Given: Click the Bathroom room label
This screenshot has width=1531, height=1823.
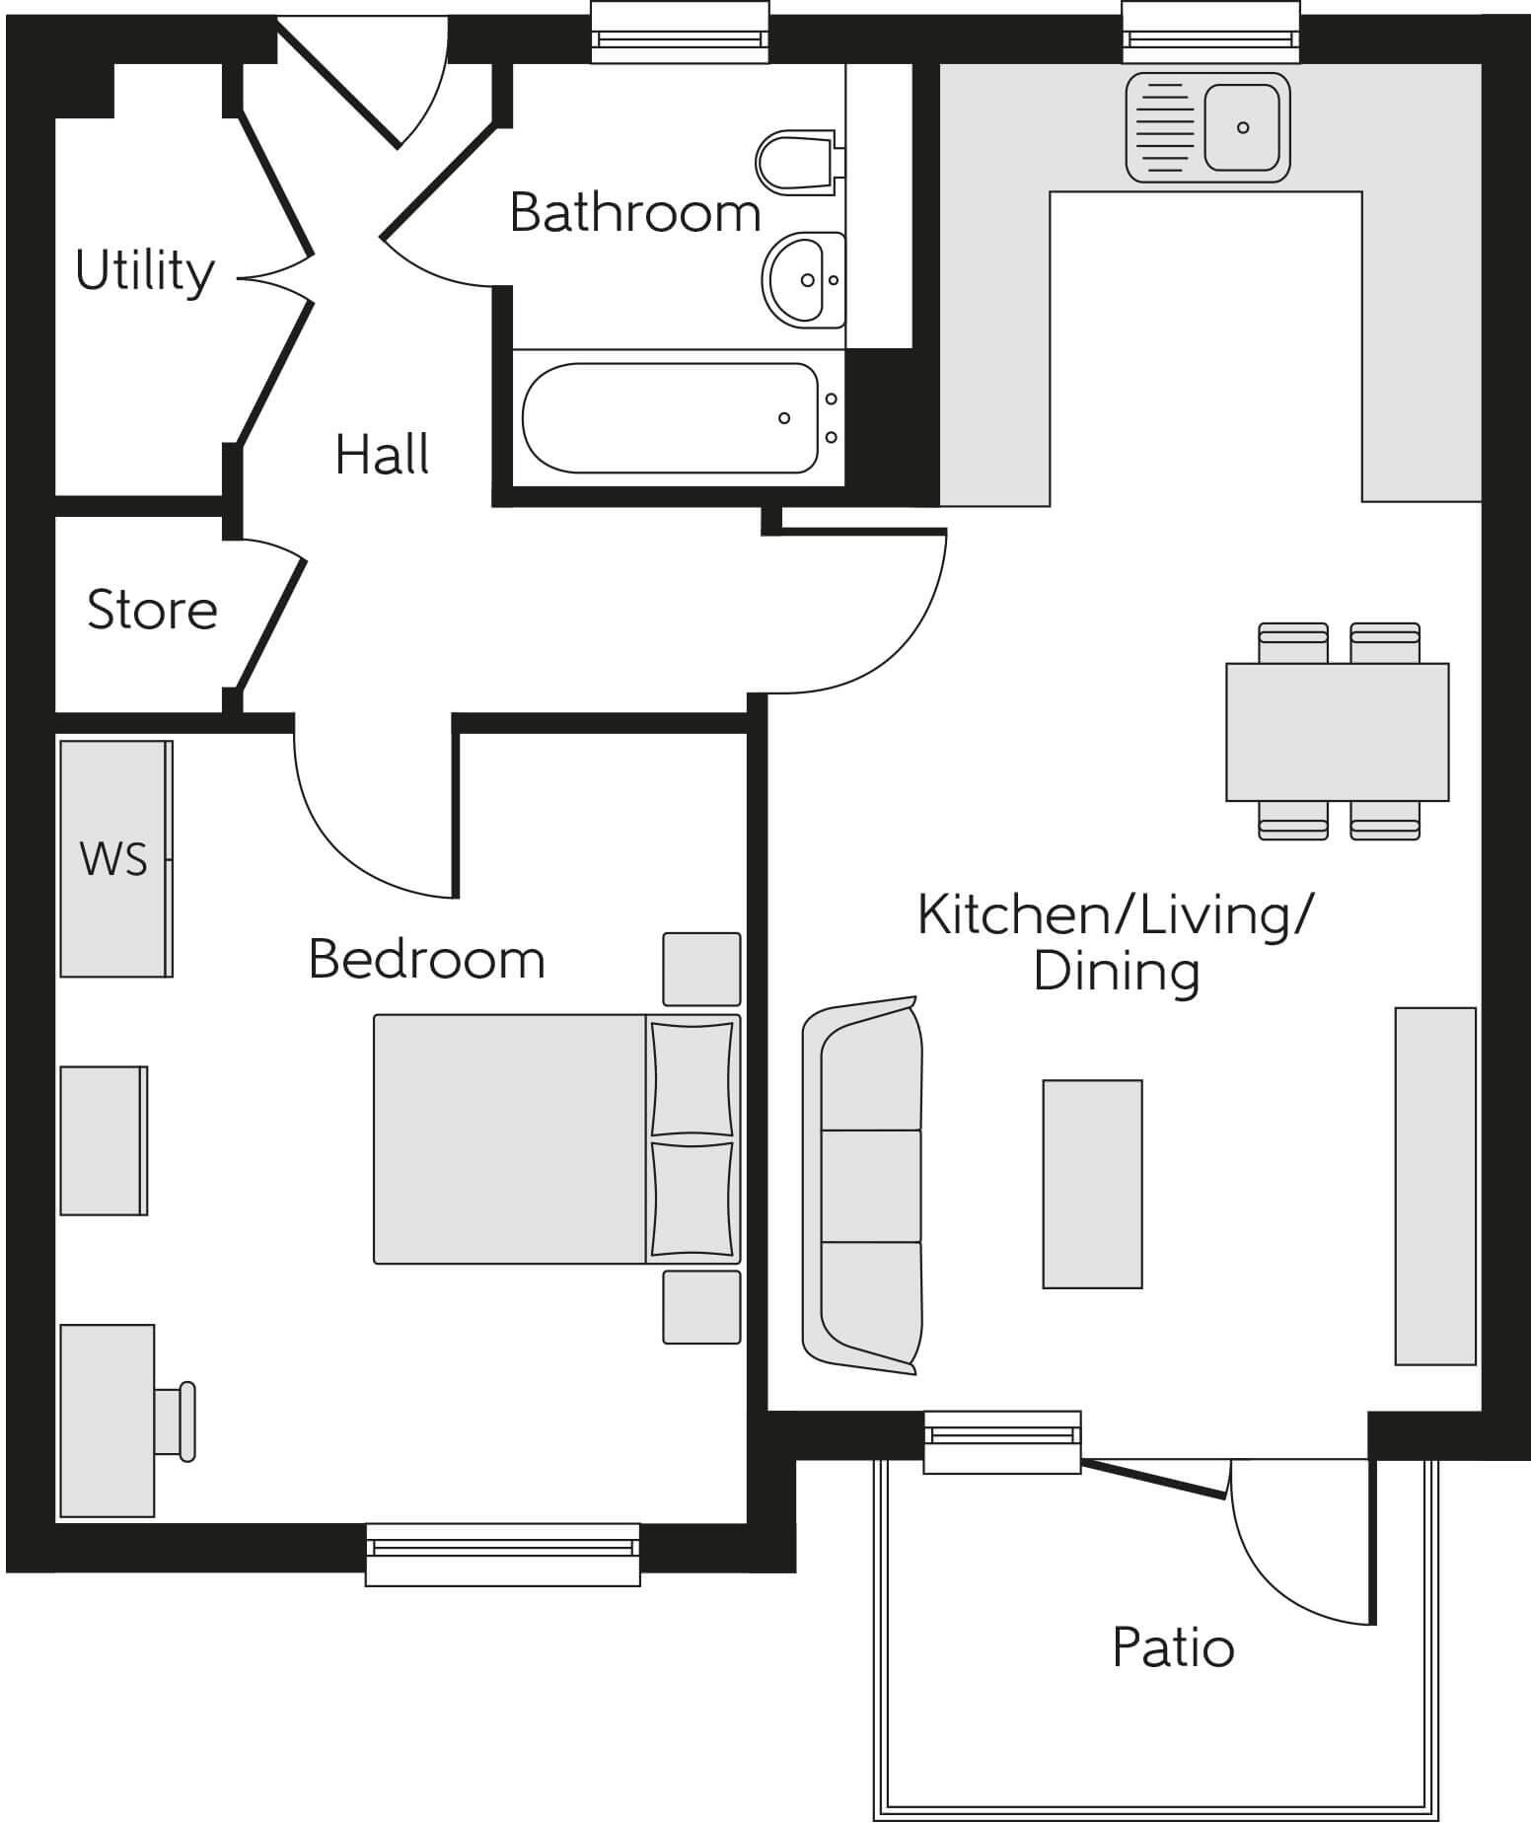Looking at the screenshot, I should pos(634,212).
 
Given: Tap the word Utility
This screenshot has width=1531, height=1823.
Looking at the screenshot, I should pos(144,270).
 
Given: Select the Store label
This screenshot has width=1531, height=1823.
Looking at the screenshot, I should pos(152,610).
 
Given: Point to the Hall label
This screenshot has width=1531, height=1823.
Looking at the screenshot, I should pos(382,455).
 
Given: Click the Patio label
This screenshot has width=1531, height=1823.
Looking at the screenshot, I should pos(1173,1648).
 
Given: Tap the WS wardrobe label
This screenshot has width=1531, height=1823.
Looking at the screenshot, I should pos(113,859).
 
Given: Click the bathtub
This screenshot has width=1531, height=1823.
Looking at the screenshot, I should pos(671,418).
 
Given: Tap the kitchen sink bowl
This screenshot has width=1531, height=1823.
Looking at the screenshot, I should pos(1242,127).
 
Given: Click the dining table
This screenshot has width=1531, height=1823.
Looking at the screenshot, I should pos(1337,732).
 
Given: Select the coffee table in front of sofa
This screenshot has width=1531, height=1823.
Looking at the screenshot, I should pos(1092,1184).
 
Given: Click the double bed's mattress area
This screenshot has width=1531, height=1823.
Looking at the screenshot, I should pos(509,1138).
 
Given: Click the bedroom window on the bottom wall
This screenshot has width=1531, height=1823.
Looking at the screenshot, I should pos(502,1554).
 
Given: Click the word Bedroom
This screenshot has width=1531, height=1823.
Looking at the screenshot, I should pos(426,959).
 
